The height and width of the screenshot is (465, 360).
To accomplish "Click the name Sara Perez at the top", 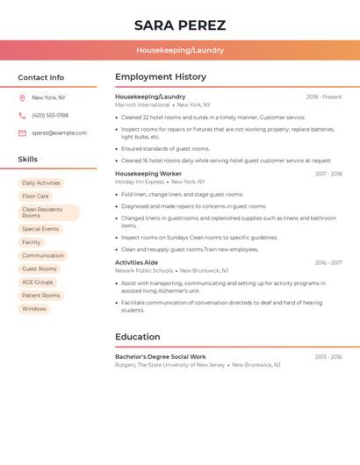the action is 180,25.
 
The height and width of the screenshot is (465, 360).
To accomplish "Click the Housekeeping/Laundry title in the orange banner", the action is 180,50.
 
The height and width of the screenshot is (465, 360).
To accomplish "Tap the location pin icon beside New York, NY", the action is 22,98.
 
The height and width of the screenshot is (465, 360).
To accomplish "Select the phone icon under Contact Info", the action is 22,116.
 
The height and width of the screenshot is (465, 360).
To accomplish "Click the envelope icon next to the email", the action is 22,133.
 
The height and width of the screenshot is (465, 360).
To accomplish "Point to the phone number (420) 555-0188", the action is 50,116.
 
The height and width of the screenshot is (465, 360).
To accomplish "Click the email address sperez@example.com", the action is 60,133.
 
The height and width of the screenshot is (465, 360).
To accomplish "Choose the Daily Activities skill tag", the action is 41,183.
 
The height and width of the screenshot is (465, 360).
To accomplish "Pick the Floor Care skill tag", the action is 35,197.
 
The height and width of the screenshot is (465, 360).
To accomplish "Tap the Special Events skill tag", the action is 40,229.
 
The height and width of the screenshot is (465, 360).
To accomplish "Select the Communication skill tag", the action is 43,256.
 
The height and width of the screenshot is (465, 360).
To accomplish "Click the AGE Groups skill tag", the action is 38,283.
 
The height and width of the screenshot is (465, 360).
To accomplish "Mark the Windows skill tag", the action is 34,309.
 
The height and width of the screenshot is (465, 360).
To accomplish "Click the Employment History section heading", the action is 161,77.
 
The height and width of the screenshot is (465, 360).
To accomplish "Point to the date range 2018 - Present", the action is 324,97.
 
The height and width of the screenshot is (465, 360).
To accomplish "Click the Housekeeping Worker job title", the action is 148,174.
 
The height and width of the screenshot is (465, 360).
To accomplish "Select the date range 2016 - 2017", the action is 328,262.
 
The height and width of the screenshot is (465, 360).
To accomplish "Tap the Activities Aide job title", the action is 137,262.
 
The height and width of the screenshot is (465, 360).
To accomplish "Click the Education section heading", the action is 138,337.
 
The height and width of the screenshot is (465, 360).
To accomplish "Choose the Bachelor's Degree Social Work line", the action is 161,357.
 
